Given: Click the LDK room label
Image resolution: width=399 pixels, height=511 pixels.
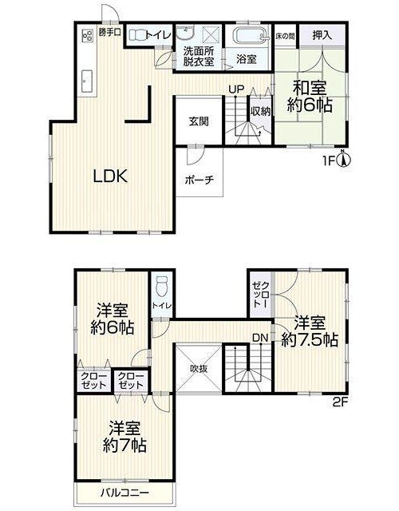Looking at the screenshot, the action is [111, 176].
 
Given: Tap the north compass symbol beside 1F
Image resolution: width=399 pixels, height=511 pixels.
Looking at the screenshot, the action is [345, 159].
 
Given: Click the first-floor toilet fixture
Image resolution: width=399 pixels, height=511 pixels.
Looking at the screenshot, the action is [137, 34].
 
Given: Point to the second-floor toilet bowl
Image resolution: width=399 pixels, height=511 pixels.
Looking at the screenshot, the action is [161, 285].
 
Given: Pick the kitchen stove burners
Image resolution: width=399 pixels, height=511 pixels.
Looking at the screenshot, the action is [87, 35].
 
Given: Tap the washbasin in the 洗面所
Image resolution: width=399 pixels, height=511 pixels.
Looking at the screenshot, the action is [186, 33].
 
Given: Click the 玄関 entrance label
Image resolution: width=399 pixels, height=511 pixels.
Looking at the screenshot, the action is [199, 121].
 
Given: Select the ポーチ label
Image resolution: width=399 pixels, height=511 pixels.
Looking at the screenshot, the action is [199, 180].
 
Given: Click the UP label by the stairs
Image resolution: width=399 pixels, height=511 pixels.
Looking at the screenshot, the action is [236, 89].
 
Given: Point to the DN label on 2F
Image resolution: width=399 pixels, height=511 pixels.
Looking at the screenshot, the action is [260, 338].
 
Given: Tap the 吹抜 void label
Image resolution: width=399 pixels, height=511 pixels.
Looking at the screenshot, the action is [199, 369].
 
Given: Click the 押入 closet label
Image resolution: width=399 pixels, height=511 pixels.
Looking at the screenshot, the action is [322, 35].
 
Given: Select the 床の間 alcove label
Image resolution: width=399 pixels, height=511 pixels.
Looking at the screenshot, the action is [285, 36].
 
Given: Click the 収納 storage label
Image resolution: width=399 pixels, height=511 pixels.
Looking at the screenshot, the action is [260, 111].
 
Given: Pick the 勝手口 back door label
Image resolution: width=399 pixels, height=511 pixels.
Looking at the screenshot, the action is [110, 33].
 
